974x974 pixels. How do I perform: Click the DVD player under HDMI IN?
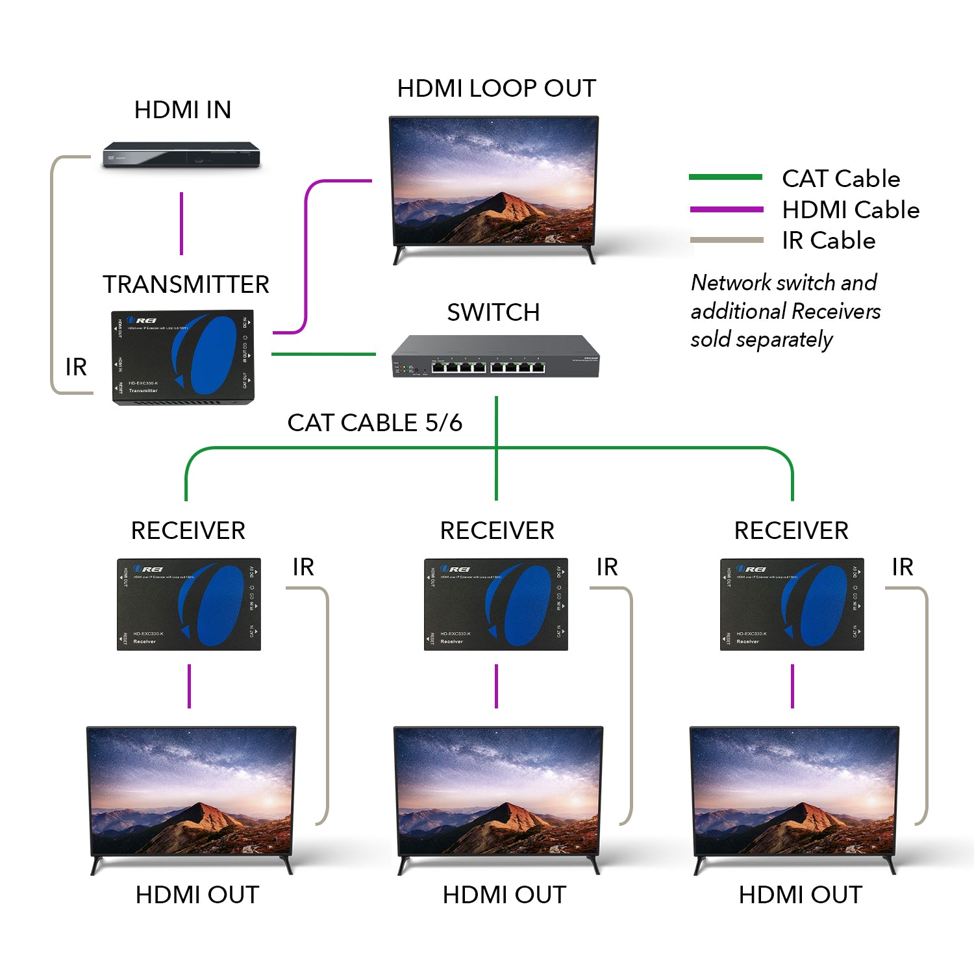(181, 156)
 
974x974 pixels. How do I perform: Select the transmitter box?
(183, 357)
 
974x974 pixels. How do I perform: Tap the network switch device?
(495, 356)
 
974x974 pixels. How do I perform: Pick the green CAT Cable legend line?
(725, 177)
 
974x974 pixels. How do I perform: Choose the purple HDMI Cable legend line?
(726, 209)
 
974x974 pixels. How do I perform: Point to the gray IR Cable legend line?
(726, 240)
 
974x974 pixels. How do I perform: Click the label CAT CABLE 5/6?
(375, 423)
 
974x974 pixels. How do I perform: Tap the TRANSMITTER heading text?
(186, 284)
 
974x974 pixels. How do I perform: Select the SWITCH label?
(493, 312)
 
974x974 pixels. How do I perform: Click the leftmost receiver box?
(189, 604)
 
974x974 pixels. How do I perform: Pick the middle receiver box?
(496, 604)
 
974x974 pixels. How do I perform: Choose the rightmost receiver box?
(792, 604)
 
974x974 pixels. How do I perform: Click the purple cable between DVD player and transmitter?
(182, 223)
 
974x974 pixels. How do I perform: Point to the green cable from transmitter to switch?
(323, 354)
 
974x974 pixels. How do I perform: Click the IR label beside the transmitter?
(76, 368)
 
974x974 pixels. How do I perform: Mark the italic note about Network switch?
(785, 311)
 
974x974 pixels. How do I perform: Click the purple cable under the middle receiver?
(496, 686)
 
